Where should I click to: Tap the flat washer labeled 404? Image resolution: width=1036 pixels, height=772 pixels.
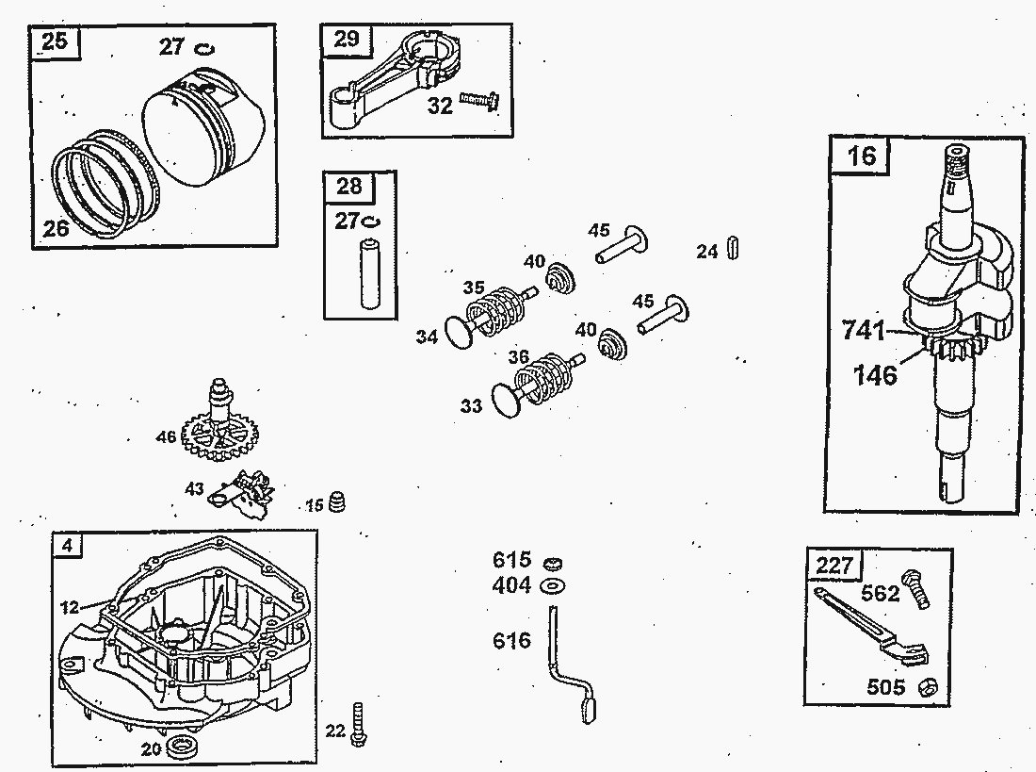(x=554, y=586)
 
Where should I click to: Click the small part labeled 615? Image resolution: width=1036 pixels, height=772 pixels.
(x=554, y=563)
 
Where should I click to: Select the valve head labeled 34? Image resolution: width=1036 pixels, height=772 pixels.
(x=458, y=331)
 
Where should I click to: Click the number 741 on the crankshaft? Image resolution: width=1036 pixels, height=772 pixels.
(x=863, y=331)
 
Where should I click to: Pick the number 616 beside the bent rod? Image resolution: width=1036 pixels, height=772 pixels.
(x=512, y=641)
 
